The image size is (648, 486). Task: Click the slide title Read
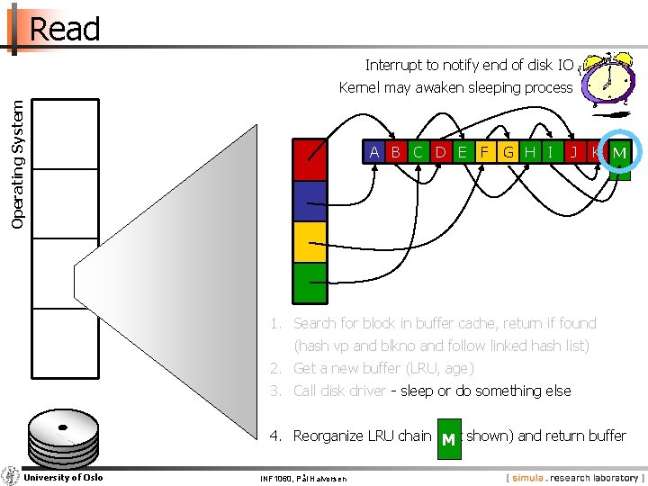[65, 29]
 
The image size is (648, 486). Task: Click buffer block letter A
[374, 152]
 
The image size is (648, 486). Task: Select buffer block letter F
[485, 152]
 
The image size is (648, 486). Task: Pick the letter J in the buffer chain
[573, 152]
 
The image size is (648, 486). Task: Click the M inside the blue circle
[619, 153]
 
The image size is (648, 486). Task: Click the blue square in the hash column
[310, 202]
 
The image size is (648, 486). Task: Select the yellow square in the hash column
[310, 241]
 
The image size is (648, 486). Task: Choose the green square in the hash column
[310, 282]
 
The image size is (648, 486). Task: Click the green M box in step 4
[448, 439]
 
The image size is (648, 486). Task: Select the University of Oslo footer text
[63, 477]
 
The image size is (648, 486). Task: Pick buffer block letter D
[441, 152]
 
